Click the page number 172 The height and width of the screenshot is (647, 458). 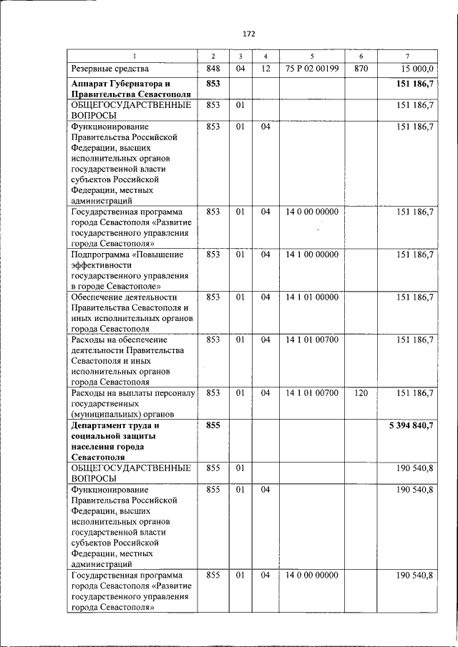click(x=248, y=34)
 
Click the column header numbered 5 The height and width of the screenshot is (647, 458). click(x=311, y=56)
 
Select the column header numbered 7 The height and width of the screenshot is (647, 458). click(x=406, y=56)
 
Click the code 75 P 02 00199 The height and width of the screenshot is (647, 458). click(x=311, y=69)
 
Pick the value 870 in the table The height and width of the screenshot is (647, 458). click(x=360, y=69)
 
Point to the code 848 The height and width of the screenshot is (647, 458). click(x=213, y=69)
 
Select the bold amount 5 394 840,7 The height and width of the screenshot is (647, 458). click(x=407, y=425)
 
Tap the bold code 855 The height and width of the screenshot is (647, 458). click(x=213, y=425)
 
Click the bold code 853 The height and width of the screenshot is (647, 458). click(x=213, y=84)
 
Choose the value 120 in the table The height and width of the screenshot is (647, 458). click(x=360, y=392)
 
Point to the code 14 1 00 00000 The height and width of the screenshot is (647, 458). click(x=311, y=255)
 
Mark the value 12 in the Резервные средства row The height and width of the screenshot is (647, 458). click(x=265, y=69)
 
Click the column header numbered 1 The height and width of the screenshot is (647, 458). click(x=132, y=56)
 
